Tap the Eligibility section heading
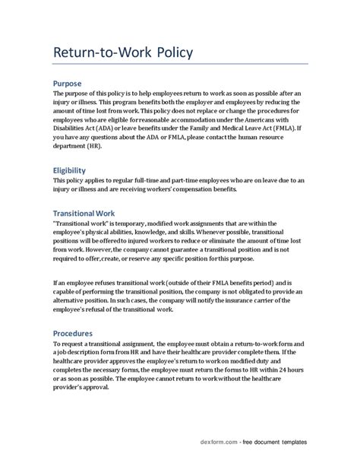[74, 171]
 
